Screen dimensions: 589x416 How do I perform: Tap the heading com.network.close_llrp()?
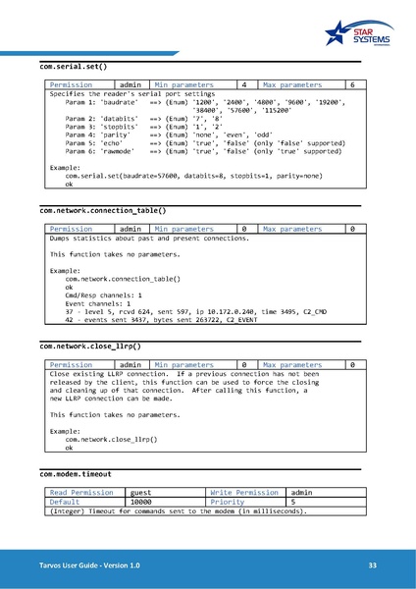click(x=90, y=347)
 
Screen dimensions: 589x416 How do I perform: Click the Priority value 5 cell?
click(x=319, y=502)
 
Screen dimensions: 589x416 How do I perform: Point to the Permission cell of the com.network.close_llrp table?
click(x=70, y=365)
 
